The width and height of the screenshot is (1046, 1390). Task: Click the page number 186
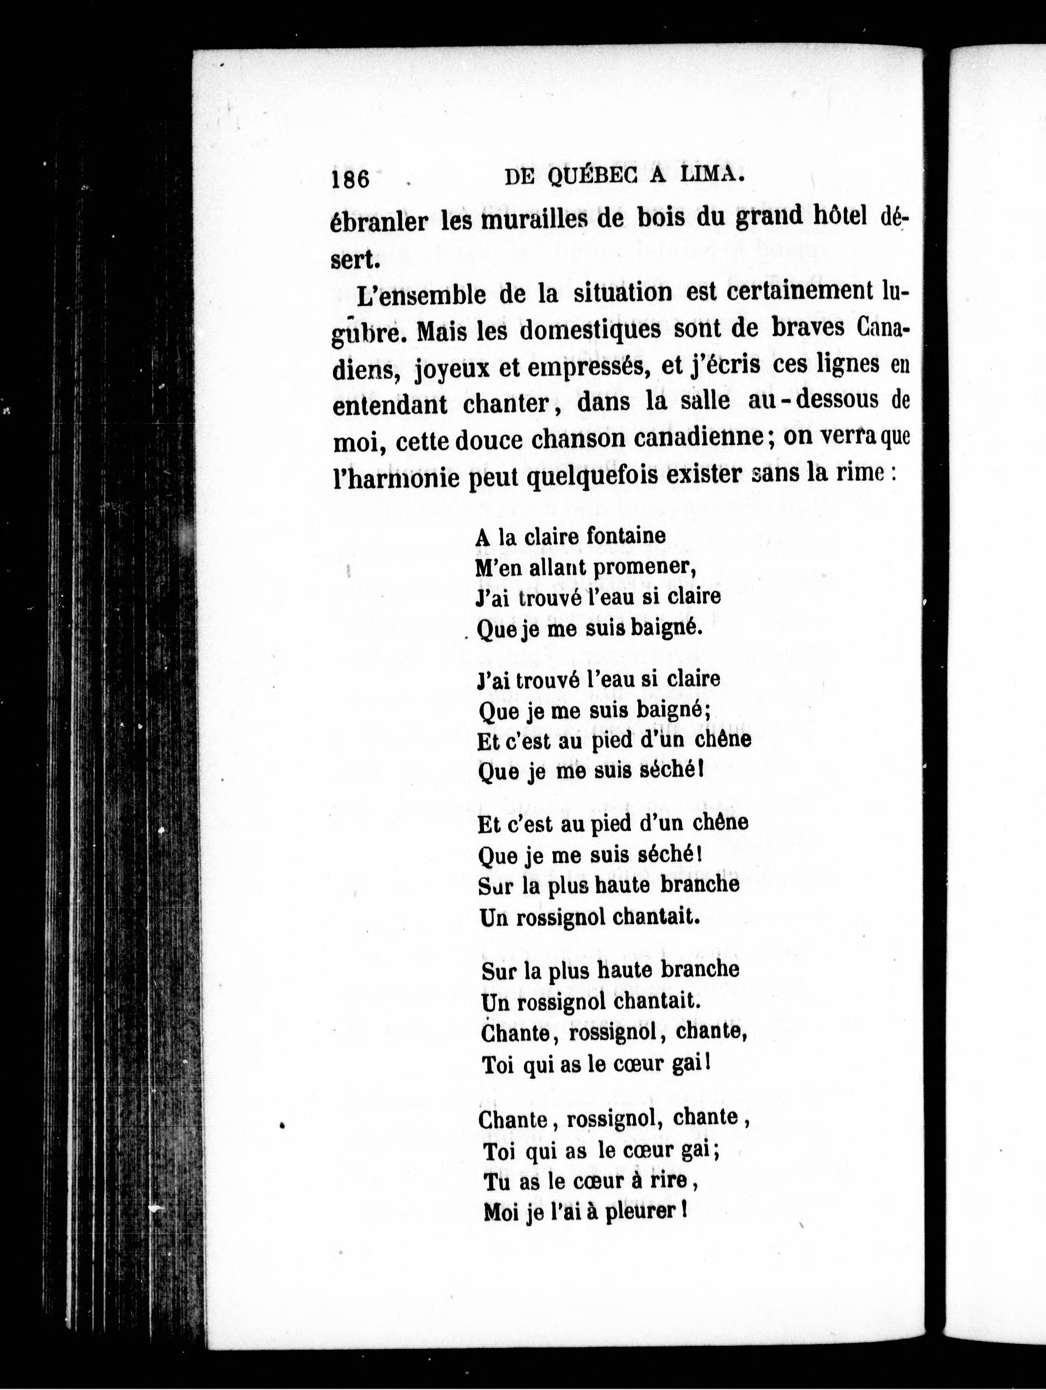point(350,180)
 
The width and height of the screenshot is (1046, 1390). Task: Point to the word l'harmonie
point(398,477)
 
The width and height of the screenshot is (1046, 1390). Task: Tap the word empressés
point(584,366)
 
